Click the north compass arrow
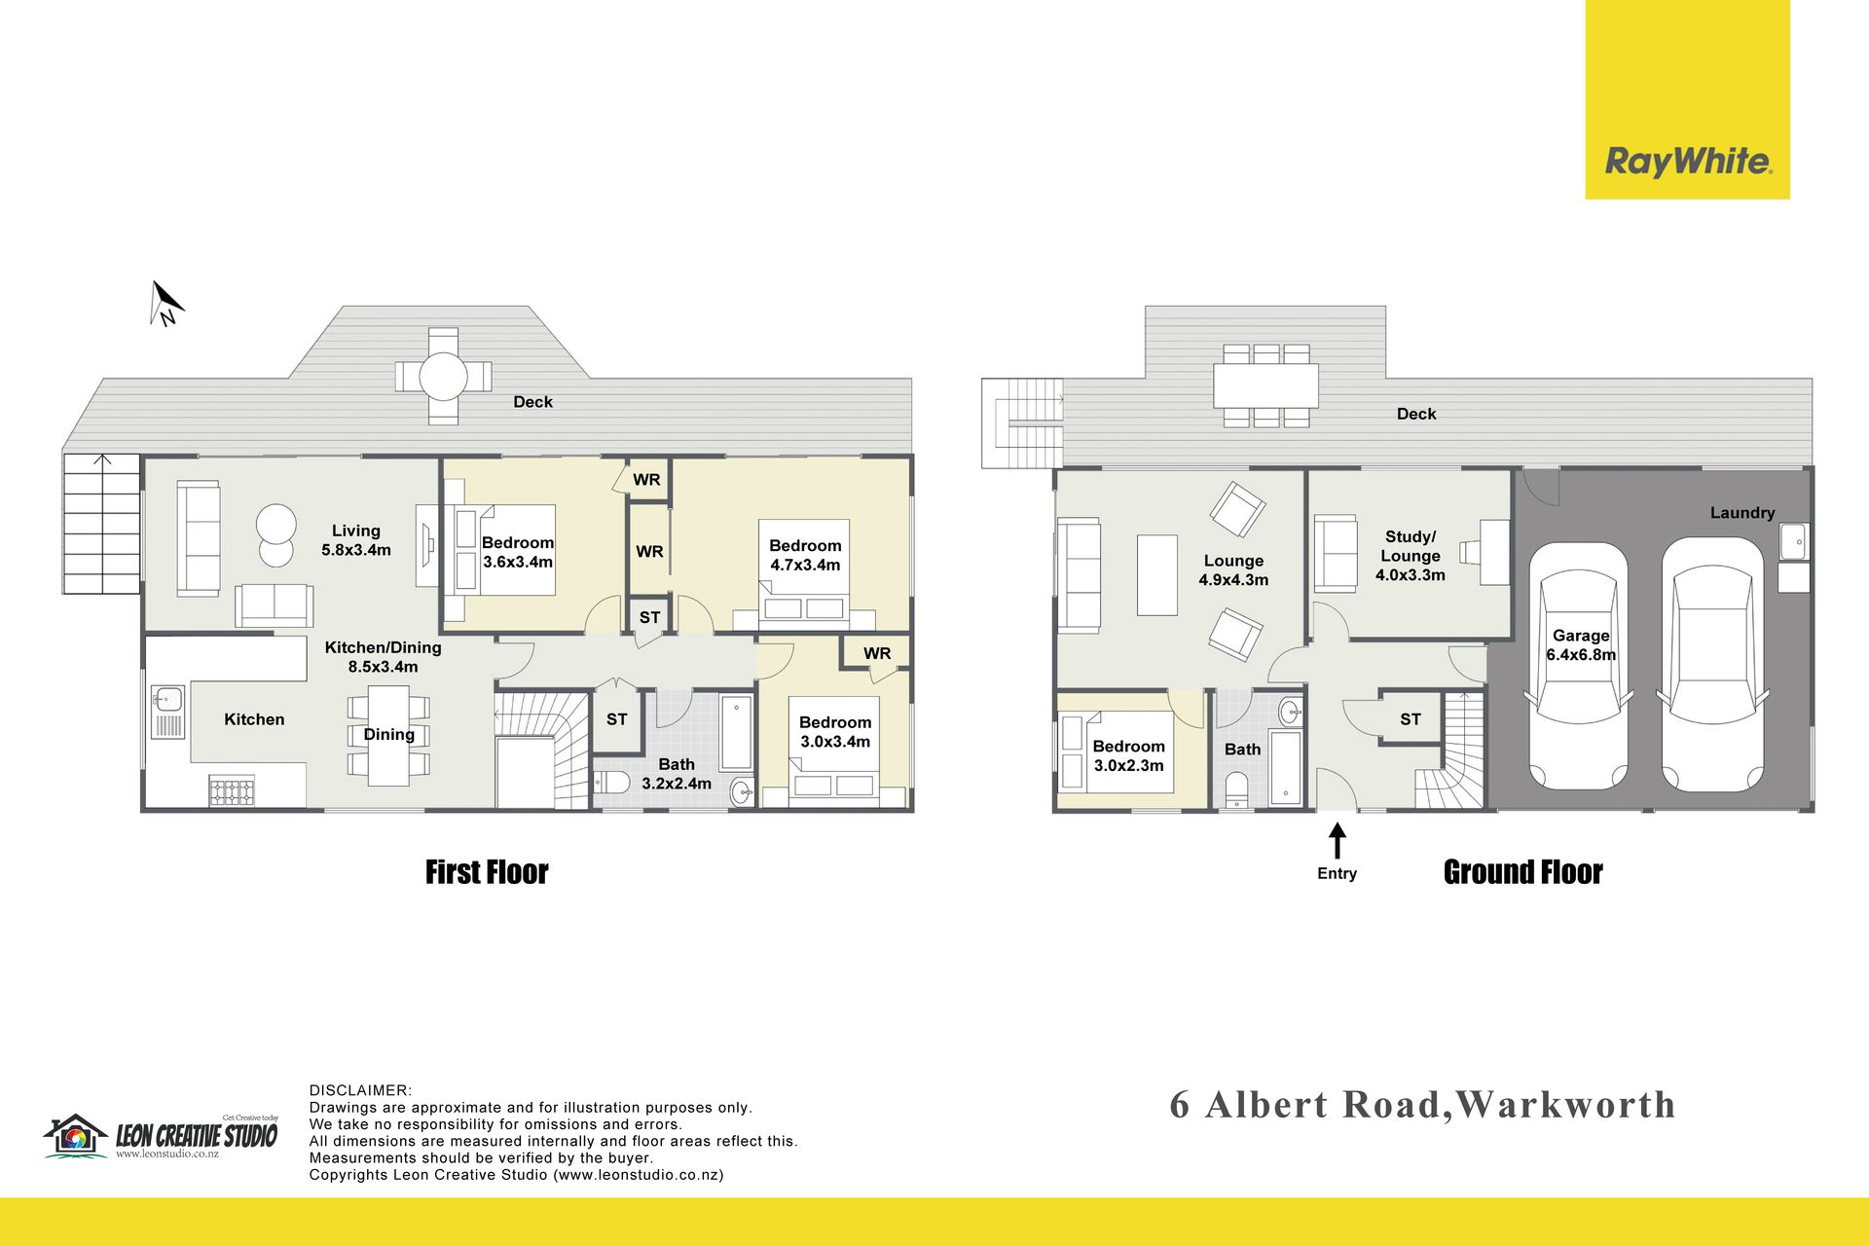click(166, 303)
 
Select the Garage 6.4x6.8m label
click(1581, 645)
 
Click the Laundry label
click(1742, 513)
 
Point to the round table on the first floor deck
click(443, 376)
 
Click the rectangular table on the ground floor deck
click(1265, 385)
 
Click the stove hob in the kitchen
click(232, 792)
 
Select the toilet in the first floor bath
click(612, 783)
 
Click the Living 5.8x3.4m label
click(356, 540)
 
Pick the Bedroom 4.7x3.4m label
click(805, 555)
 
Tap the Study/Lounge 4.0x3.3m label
click(1411, 556)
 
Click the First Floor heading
click(487, 872)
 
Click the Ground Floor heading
click(1523, 872)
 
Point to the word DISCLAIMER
click(360, 1090)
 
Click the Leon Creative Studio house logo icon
click(75, 1136)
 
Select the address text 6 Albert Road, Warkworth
click(1423, 1105)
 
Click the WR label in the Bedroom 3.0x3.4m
click(877, 653)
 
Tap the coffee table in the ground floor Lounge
click(1157, 574)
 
